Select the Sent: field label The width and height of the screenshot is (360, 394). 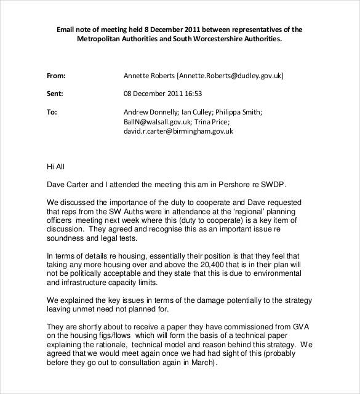pyautogui.click(x=56, y=94)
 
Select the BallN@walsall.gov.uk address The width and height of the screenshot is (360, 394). pyautogui.click(x=151, y=122)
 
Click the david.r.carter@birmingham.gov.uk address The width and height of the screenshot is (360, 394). pyautogui.click(x=178, y=131)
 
